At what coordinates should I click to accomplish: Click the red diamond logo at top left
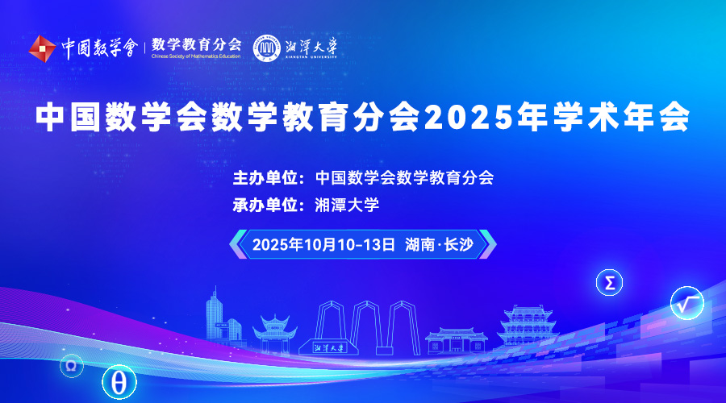[42, 48]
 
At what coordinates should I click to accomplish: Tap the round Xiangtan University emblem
[267, 48]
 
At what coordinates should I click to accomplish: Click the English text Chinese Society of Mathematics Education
[196, 56]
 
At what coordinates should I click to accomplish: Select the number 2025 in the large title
[468, 117]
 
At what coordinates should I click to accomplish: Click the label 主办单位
[265, 177]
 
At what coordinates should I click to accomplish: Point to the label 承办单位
[265, 205]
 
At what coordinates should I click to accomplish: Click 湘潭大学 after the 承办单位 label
[347, 205]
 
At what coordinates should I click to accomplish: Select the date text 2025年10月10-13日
[323, 244]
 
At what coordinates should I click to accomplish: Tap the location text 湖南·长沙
[440, 244]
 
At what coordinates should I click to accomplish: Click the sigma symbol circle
[609, 283]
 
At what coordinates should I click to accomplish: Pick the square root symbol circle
[687, 304]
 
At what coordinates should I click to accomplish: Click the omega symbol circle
[71, 366]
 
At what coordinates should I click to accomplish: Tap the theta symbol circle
[119, 383]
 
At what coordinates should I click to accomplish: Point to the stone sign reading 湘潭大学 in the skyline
[329, 347]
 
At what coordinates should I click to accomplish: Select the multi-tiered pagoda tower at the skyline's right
[528, 326]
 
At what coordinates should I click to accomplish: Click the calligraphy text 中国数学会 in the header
[99, 48]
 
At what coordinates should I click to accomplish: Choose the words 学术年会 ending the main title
[621, 117]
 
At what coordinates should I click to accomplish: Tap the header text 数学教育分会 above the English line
[196, 44]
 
